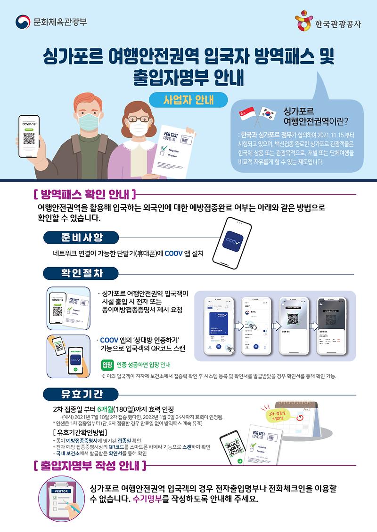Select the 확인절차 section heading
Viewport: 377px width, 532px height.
[81, 273]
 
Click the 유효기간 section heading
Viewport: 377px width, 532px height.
[81, 393]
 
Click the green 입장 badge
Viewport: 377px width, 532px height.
[107, 365]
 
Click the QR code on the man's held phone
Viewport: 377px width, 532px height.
[29, 139]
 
